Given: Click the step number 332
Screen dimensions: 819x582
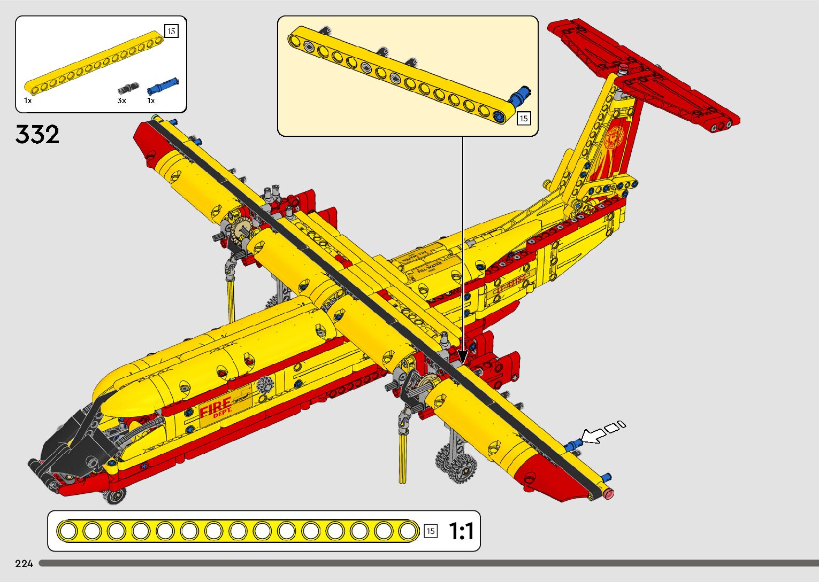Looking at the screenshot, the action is [x=37, y=135].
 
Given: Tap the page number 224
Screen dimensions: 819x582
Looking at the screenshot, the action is [x=24, y=563].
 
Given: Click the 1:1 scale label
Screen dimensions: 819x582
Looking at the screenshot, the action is [x=461, y=531].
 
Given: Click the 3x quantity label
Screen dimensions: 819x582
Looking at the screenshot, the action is [x=121, y=100].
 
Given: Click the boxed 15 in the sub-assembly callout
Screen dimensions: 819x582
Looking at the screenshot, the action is [x=523, y=119].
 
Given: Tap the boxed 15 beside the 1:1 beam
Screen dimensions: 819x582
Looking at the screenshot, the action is [x=430, y=531].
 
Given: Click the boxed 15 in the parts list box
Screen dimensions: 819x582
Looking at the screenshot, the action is [x=171, y=31].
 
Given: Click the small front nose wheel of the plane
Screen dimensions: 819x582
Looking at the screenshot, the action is [x=114, y=496].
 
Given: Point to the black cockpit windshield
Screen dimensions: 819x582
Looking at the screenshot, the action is [x=75, y=438].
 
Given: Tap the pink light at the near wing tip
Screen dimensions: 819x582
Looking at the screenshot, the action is [x=609, y=493].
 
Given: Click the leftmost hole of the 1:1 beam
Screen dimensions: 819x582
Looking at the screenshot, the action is [x=68, y=531].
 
